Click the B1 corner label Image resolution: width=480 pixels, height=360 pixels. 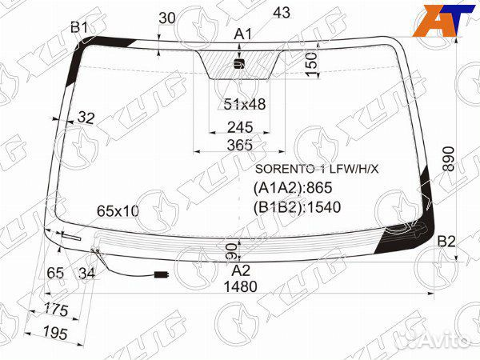pos(79,27)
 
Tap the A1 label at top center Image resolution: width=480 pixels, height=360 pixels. pos(242,34)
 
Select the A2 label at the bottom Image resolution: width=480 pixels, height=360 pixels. pos(241,270)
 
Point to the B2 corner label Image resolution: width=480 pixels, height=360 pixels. pos(446,242)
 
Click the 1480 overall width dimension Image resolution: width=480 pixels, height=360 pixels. pos(241,287)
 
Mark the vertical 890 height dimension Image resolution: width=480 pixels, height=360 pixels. pos(449,159)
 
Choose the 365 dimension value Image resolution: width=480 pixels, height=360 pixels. pos(240,145)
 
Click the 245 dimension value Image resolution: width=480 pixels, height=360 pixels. pos(240,127)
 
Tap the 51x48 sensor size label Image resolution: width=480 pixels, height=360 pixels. pos(245,104)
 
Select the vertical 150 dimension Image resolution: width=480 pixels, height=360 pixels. pos(311,64)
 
